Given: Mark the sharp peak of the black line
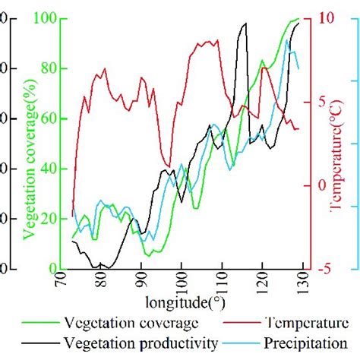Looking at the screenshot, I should click(x=244, y=24).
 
